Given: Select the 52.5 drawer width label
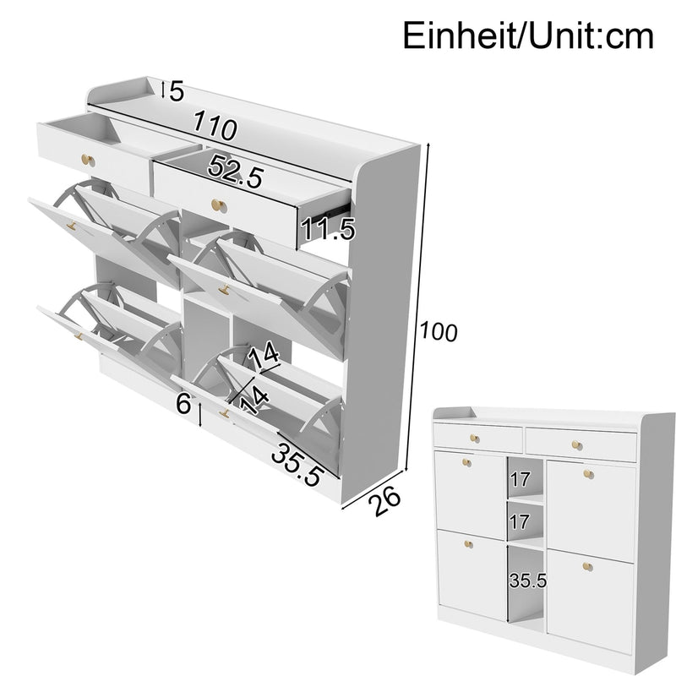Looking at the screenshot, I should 237,173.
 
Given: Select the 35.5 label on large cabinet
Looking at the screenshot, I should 297,464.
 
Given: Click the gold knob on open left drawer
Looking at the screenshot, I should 87,160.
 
